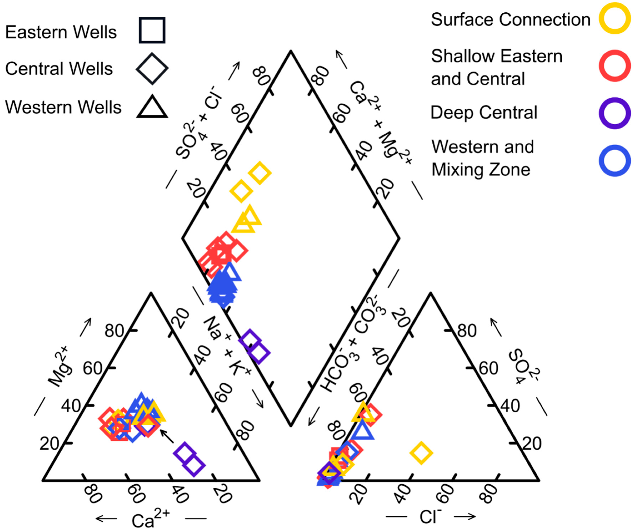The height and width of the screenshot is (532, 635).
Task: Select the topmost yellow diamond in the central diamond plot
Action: [260, 173]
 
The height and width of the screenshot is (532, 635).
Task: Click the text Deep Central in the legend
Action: [484, 113]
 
